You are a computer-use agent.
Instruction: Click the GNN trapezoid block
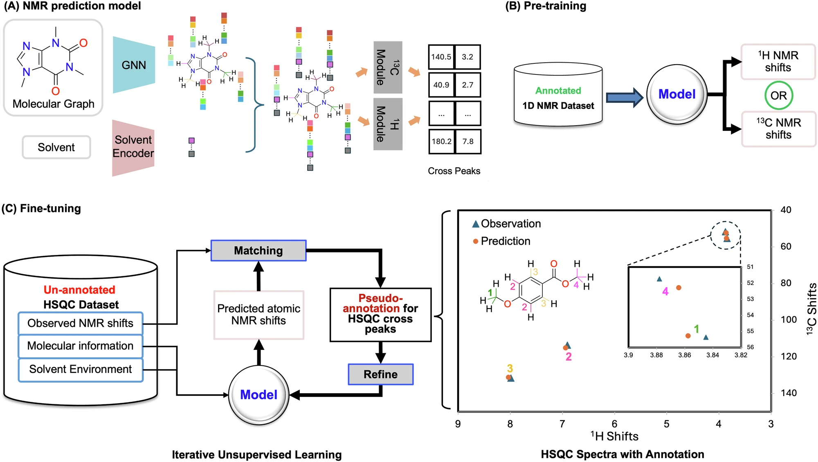click(x=134, y=65)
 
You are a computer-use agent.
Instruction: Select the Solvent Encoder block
click(x=133, y=147)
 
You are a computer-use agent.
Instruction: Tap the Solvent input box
click(x=56, y=147)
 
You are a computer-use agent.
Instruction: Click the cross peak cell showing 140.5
click(x=441, y=57)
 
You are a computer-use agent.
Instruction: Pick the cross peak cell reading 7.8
click(x=468, y=141)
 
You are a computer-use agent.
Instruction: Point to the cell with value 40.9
click(x=441, y=85)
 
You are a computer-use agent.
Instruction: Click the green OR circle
click(x=778, y=95)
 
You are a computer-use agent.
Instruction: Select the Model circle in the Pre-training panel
click(x=677, y=94)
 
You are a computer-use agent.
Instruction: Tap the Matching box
click(x=258, y=250)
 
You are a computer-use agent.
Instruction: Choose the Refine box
click(x=380, y=374)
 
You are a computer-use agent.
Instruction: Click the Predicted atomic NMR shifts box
click(x=258, y=315)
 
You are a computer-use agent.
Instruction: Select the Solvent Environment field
click(x=81, y=369)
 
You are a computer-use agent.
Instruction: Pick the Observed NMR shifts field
click(x=81, y=323)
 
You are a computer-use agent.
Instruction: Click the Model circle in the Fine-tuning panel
click(x=258, y=394)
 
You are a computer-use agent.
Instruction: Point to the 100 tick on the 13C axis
click(x=789, y=320)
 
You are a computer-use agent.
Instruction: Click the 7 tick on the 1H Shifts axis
click(x=562, y=424)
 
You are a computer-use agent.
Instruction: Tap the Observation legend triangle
click(x=476, y=224)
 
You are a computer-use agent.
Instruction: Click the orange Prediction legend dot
click(x=476, y=241)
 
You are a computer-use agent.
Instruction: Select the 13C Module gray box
click(x=388, y=68)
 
